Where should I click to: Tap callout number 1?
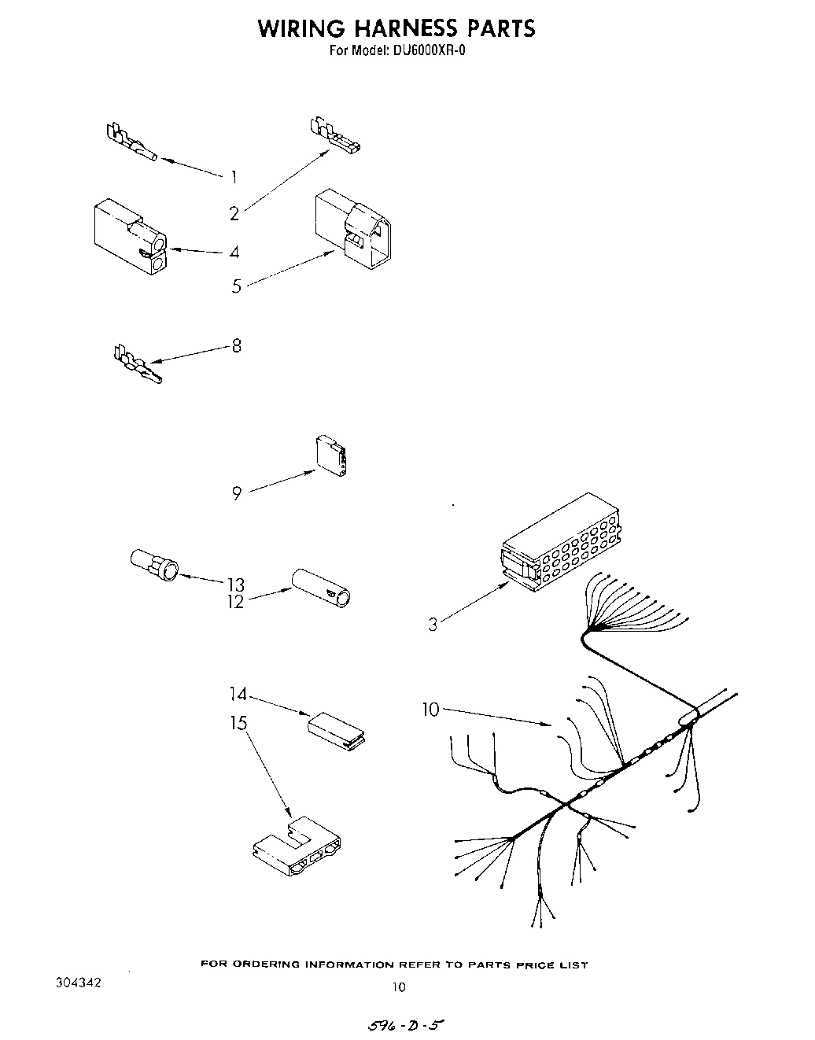(234, 177)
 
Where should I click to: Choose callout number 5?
(237, 286)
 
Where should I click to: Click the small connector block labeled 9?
(333, 457)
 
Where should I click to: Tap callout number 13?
(235, 585)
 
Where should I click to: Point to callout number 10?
(430, 710)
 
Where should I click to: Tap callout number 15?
(238, 722)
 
